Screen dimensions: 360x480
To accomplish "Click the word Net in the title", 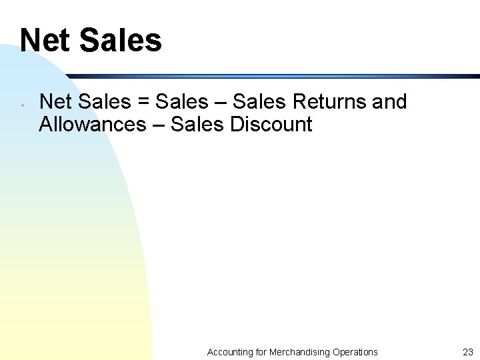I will (x=45, y=40).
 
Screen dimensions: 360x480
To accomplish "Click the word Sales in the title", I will (x=121, y=40).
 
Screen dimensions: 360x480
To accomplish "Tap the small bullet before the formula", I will (x=23, y=105).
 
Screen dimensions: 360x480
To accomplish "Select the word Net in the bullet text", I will (x=55, y=102).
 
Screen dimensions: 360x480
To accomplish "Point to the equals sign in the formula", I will (x=143, y=103).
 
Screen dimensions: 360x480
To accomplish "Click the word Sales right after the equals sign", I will (x=181, y=102).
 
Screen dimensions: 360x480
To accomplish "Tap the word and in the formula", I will (x=389, y=102).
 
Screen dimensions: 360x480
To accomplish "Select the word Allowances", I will (x=92, y=124).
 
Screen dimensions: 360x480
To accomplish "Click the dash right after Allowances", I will (x=159, y=125).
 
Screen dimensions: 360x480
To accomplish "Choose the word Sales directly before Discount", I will (x=197, y=124).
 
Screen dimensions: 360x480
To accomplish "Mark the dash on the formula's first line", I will (x=221, y=103).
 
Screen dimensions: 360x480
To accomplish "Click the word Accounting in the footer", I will (x=230, y=352).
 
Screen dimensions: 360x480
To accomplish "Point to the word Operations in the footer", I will (x=355, y=352).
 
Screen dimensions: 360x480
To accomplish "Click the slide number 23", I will (x=467, y=352).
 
